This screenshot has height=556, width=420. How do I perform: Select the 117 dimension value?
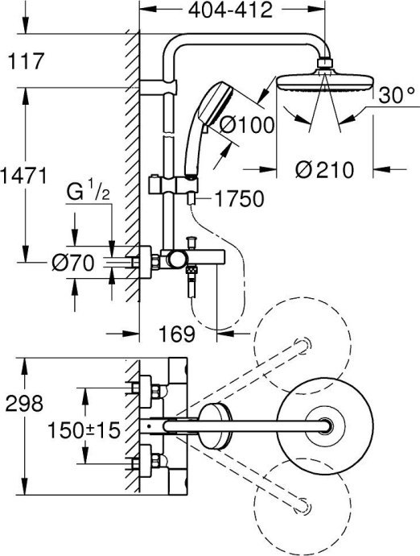coord(25,60)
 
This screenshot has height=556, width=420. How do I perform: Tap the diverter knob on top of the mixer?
coord(191,242)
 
